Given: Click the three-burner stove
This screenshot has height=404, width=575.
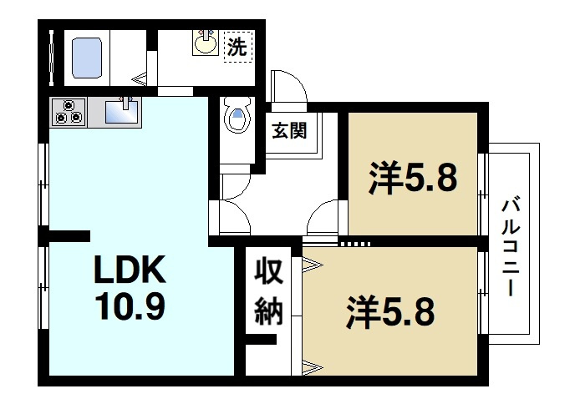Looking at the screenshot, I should coord(69,112).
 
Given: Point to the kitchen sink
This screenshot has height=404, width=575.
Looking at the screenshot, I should coord(123,111).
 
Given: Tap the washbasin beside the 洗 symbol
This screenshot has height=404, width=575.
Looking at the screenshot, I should coord(206,43).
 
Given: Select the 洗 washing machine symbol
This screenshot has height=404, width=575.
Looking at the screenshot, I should coord(237,48).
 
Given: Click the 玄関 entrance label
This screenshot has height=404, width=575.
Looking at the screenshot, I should coord(287,130).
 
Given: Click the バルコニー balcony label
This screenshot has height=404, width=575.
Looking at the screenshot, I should coord(510,248).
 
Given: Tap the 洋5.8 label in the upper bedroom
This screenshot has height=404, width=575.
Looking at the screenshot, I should coord(413,177).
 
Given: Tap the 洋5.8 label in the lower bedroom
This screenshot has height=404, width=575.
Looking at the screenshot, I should coord(390,313).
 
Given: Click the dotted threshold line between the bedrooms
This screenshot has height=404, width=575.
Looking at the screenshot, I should coord(355,244).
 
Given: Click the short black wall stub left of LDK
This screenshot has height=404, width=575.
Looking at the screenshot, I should coord(69,235).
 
